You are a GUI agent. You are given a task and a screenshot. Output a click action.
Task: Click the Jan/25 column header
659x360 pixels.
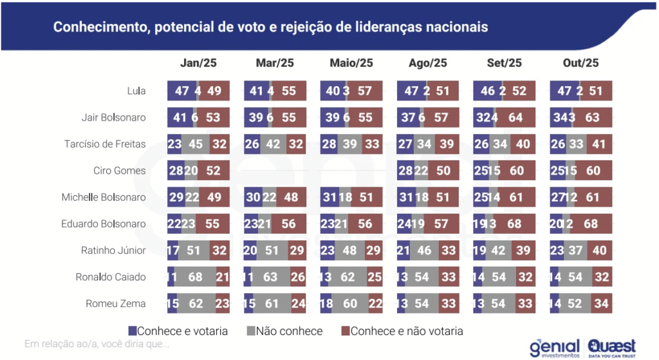tap(198, 62)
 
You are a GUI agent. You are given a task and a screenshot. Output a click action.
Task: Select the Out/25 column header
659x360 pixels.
tap(580, 62)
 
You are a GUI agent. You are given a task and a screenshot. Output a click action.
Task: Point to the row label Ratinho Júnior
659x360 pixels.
tap(114, 251)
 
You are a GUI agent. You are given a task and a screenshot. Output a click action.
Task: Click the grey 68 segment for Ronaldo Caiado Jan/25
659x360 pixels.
tap(195, 278)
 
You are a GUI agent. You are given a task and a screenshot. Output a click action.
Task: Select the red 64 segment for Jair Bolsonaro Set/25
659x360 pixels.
tap(514, 118)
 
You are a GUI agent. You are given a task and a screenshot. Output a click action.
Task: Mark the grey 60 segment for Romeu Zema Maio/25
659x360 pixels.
tap(349, 304)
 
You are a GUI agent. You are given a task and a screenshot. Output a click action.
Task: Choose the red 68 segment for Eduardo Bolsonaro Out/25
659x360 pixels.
tap(591, 224)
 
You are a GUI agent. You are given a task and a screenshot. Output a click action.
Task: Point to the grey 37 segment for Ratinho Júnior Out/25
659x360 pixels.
tap(575, 251)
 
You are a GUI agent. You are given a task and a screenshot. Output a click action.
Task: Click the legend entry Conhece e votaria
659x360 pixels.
tap(178, 331)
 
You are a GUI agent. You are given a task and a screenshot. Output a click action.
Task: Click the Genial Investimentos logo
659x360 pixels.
tap(555, 348)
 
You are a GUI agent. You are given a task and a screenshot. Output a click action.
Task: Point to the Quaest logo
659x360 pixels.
tap(611, 348)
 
